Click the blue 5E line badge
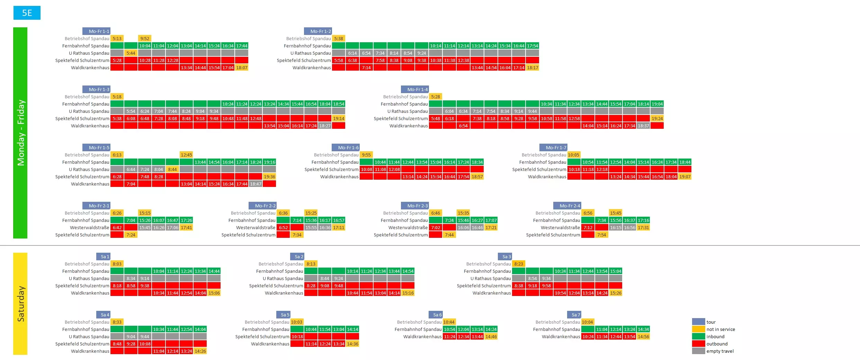click(27, 13)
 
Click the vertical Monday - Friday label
click(20, 133)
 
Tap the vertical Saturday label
click(20, 304)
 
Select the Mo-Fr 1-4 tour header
click(415, 89)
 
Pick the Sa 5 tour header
click(283, 315)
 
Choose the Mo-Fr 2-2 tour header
click(262, 206)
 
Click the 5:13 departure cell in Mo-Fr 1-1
click(117, 38)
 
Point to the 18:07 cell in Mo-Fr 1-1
click(242, 67)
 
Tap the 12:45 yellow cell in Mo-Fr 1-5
click(186, 155)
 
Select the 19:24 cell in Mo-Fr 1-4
click(657, 118)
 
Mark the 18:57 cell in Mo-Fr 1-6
click(477, 177)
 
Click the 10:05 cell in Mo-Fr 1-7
click(574, 155)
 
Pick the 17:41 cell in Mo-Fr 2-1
click(186, 227)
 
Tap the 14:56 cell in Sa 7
click(643, 336)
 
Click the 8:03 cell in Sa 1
click(117, 264)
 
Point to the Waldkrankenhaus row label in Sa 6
click(422, 336)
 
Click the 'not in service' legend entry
click(720, 329)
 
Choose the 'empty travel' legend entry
click(720, 351)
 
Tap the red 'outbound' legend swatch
click(698, 344)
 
